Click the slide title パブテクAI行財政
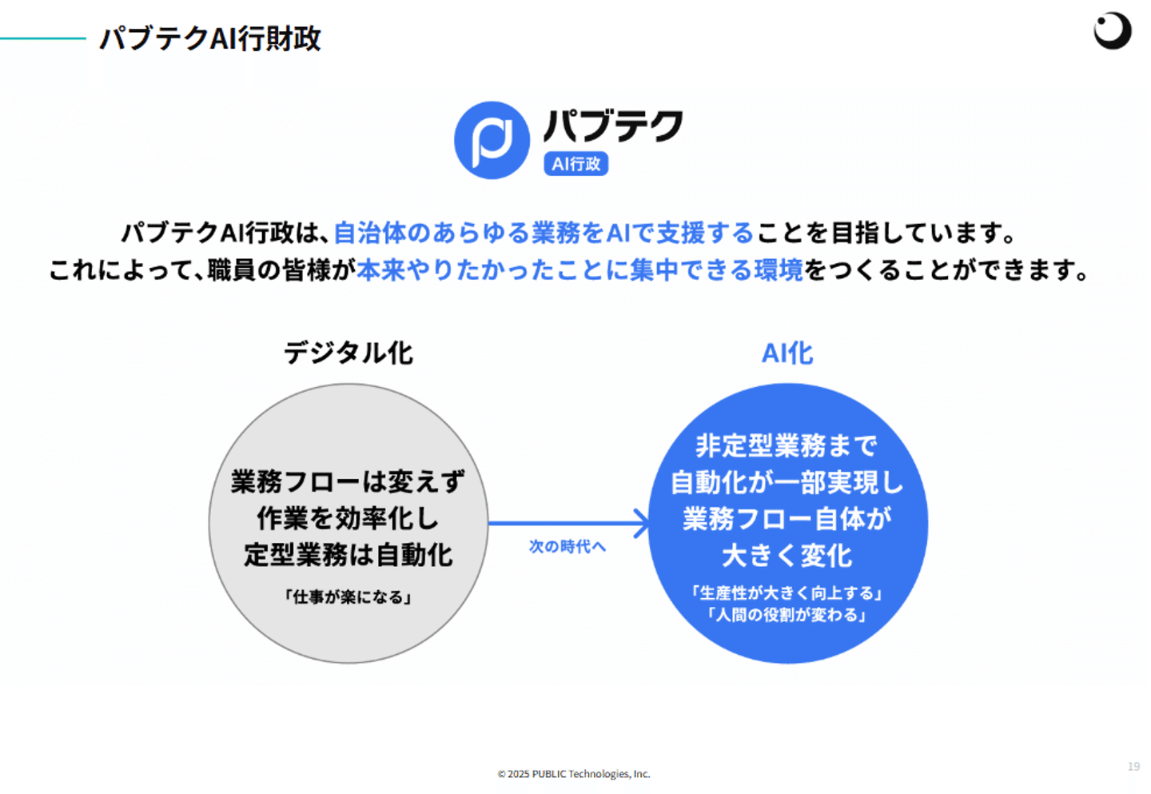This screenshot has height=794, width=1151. [x=210, y=38]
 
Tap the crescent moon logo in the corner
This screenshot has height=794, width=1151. [x=1112, y=30]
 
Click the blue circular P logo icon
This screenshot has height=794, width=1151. [x=492, y=140]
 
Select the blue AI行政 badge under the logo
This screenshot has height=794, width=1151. [x=575, y=164]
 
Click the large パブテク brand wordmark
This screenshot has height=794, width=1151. [x=613, y=126]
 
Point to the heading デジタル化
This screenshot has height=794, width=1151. [x=348, y=353]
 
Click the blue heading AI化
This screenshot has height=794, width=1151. [x=787, y=353]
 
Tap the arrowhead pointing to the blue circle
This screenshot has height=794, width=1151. [x=642, y=524]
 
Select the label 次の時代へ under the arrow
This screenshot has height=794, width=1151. [x=568, y=547]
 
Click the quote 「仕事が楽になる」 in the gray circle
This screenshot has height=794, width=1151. [x=348, y=597]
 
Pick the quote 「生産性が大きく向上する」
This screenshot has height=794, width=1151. [x=787, y=593]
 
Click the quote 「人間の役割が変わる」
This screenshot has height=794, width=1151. [x=787, y=615]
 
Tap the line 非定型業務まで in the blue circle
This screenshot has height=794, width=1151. [x=787, y=445]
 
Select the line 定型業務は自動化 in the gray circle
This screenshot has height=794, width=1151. [x=348, y=555]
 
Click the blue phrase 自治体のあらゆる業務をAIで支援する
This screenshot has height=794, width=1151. [x=544, y=233]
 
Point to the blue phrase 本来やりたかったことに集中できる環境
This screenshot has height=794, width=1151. [x=580, y=270]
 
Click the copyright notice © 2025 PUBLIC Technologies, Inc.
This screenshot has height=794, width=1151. [x=574, y=774]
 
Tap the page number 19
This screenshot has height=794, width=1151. [x=1133, y=766]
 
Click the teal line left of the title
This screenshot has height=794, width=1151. [x=43, y=38]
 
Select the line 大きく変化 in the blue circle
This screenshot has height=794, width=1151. [x=787, y=556]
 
